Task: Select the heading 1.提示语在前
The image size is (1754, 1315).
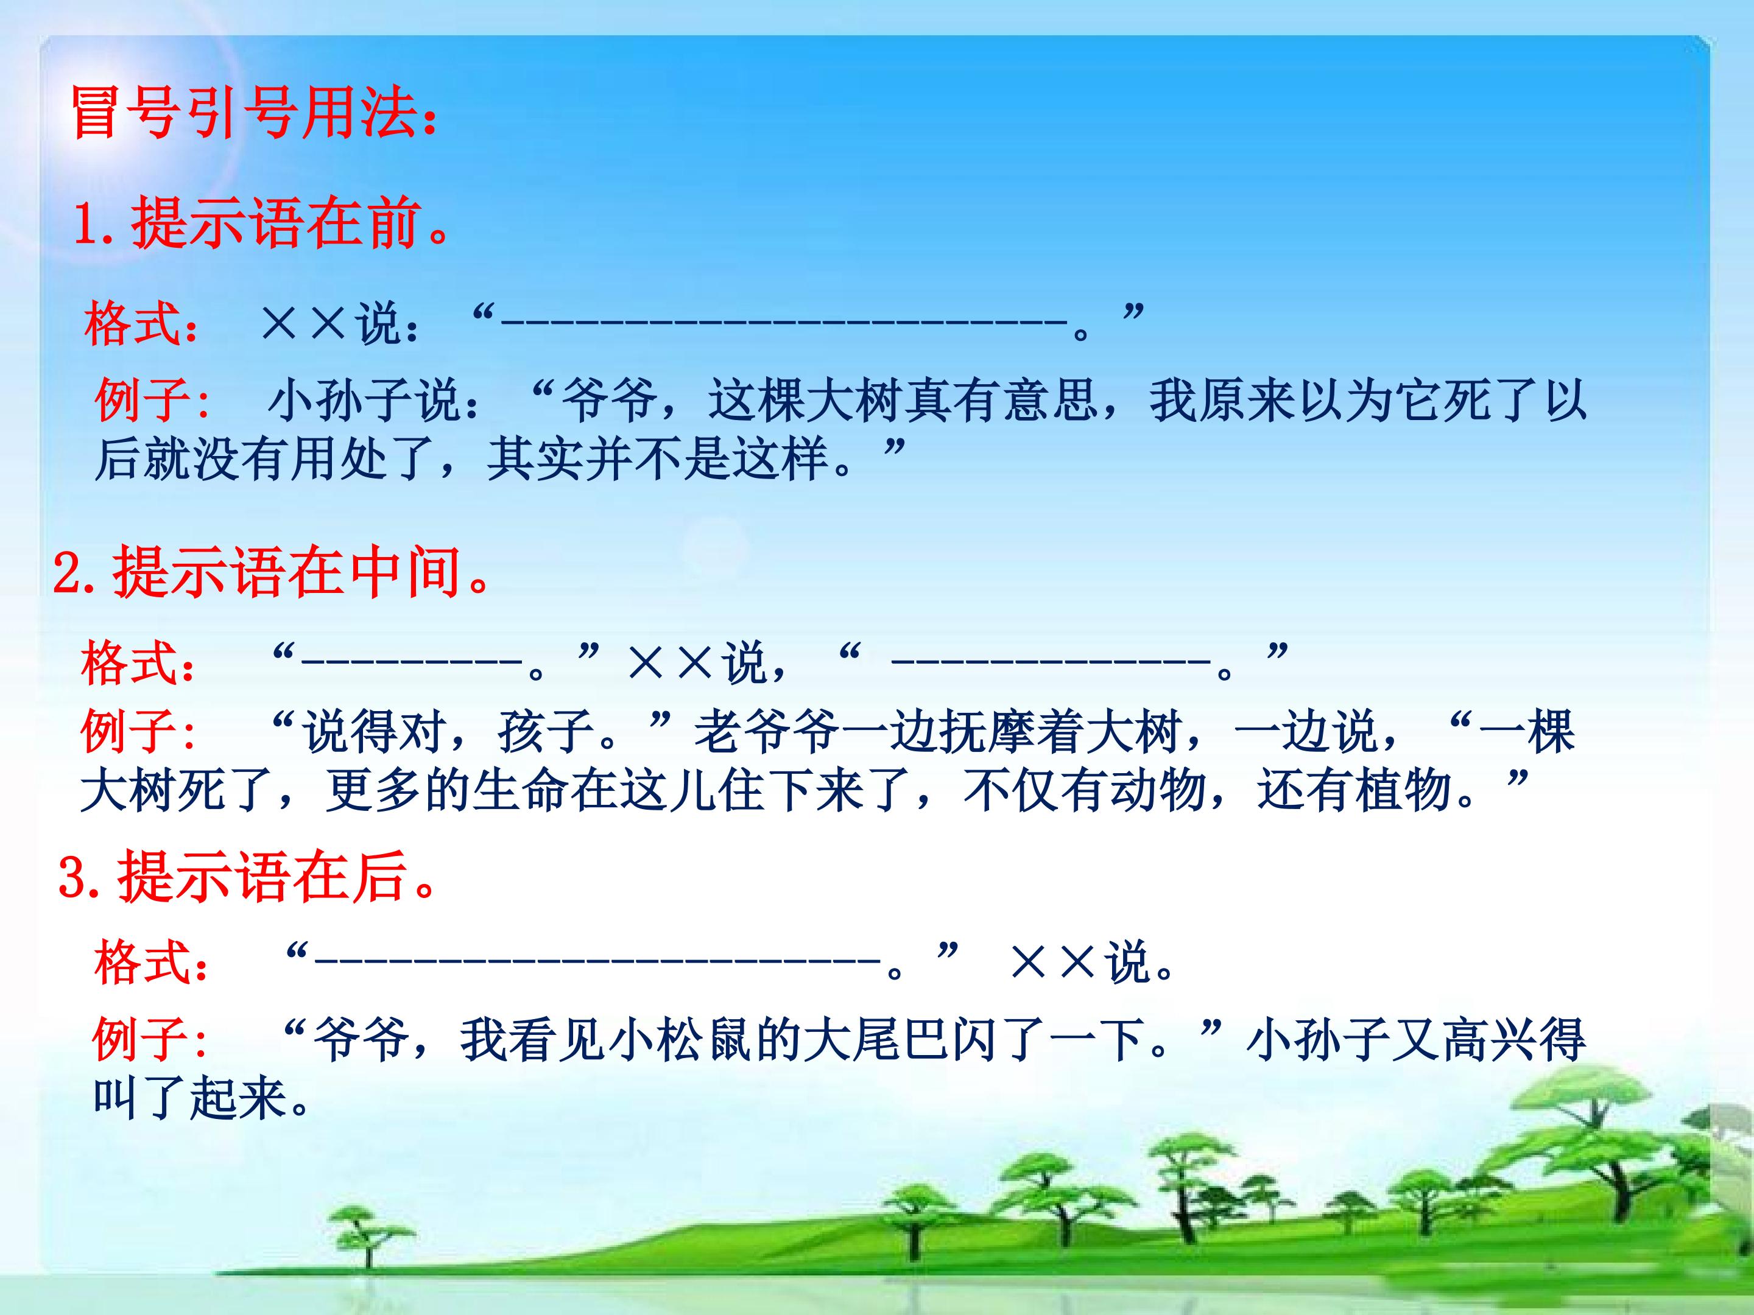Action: click(x=262, y=224)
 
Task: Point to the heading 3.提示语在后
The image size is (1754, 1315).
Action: click(x=247, y=877)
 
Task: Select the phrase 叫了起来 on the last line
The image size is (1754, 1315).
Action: click(x=190, y=1099)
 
